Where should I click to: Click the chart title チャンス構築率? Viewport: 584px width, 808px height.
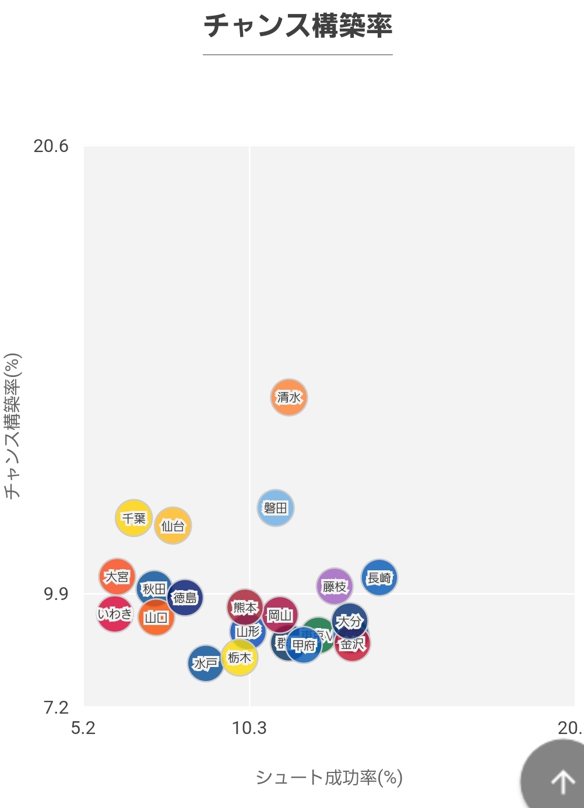click(x=298, y=26)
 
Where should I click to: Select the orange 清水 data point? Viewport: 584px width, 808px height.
click(x=289, y=397)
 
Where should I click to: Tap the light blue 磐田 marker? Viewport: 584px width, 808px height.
click(x=276, y=508)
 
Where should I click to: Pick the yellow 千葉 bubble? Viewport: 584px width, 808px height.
click(x=133, y=518)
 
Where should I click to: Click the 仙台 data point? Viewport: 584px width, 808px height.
click(x=173, y=526)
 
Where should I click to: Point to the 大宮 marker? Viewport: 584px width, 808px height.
click(x=117, y=576)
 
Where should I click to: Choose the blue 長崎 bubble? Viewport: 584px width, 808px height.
click(x=379, y=578)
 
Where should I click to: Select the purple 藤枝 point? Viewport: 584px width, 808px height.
click(x=335, y=586)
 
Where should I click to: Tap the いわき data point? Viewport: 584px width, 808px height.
click(x=114, y=614)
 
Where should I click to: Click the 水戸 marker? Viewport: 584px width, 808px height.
click(x=205, y=664)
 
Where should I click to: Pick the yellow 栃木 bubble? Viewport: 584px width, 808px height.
click(x=239, y=658)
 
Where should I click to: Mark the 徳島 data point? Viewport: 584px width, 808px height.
click(x=185, y=598)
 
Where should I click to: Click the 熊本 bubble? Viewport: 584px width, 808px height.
click(x=245, y=608)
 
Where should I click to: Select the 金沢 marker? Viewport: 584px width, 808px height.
click(x=353, y=645)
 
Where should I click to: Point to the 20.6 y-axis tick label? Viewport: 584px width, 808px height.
click(x=51, y=146)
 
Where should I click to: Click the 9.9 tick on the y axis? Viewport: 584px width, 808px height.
click(x=56, y=594)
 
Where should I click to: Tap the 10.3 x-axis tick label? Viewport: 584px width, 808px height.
click(x=249, y=728)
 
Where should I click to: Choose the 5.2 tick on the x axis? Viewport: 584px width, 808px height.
click(x=83, y=728)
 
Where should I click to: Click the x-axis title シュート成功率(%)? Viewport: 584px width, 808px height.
click(x=329, y=778)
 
